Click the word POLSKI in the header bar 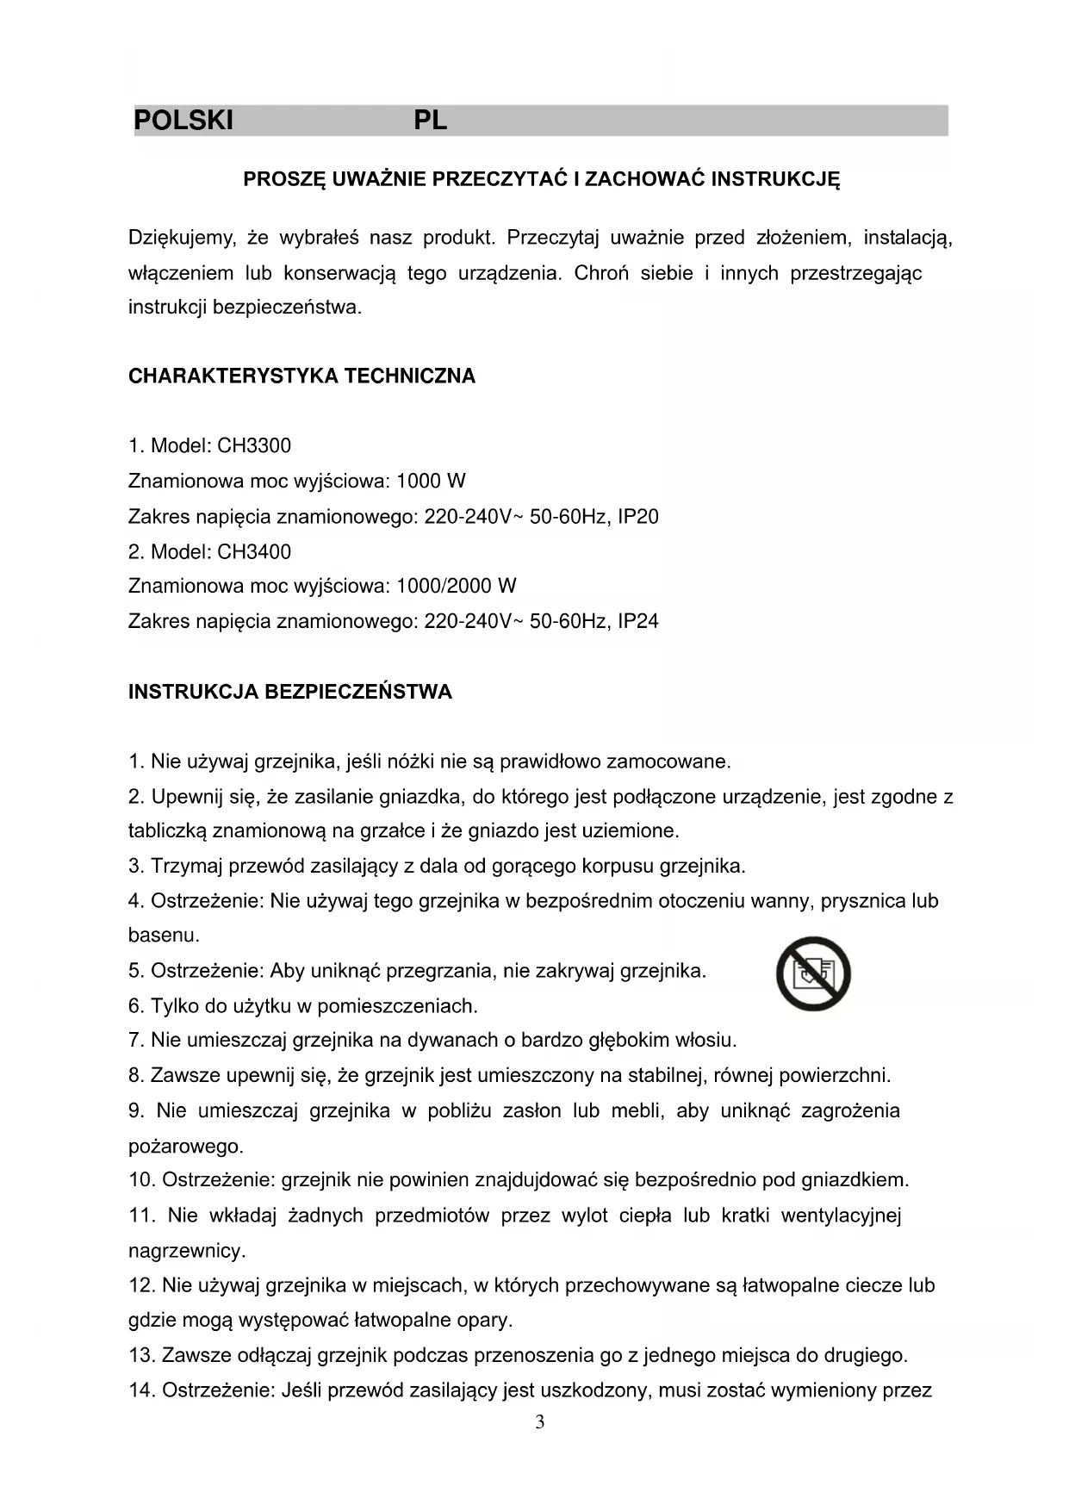pyautogui.click(x=183, y=121)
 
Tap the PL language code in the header pyautogui.click(x=430, y=121)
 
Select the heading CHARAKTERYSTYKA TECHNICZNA pyautogui.click(x=301, y=376)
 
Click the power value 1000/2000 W pyautogui.click(x=456, y=587)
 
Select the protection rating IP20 pyautogui.click(x=638, y=517)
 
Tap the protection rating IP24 pyautogui.click(x=638, y=621)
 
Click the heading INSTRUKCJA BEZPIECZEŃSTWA pyautogui.click(x=289, y=693)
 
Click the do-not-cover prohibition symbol pyautogui.click(x=813, y=973)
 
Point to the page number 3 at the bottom pyautogui.click(x=540, y=1422)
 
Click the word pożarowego pyautogui.click(x=185, y=1147)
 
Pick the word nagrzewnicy pyautogui.click(x=187, y=1251)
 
